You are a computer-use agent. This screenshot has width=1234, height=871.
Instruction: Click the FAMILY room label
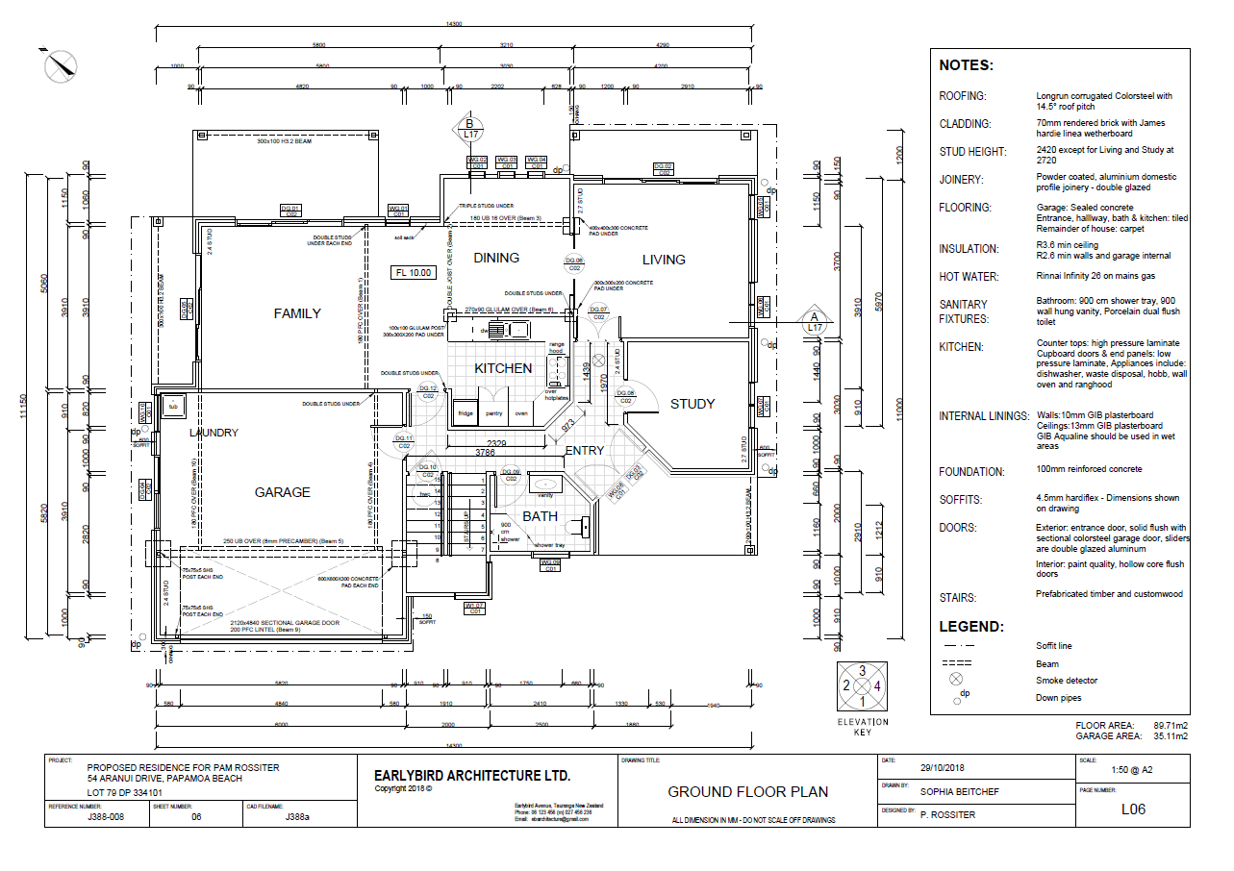pos(297,313)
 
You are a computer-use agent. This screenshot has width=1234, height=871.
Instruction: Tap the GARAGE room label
pos(282,492)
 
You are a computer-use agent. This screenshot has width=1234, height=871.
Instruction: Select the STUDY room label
pos(693,404)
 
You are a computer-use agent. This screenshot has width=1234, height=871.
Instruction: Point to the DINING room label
pos(496,258)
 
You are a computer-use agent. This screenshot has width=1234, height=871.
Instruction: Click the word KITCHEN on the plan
pos(503,368)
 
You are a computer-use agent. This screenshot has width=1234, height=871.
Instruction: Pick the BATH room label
pos(540,517)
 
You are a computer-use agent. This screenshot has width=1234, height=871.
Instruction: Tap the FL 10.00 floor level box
pos(414,273)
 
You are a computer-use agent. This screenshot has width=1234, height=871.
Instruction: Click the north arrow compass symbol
pos(61,64)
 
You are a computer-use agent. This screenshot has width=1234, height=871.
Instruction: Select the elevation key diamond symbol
pos(863,686)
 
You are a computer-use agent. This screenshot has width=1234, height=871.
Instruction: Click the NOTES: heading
pos(966,66)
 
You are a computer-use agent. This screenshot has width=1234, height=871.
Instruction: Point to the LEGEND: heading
pos(970,627)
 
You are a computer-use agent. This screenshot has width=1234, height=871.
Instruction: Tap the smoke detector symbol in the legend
pos(957,680)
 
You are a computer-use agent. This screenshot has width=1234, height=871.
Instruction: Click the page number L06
pos(1133,809)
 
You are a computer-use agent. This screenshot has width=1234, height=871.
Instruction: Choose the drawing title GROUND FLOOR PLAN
pos(747,792)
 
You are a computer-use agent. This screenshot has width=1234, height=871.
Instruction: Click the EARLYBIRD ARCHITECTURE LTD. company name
pos(472,776)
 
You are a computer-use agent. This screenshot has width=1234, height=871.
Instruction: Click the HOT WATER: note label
pos(969,277)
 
